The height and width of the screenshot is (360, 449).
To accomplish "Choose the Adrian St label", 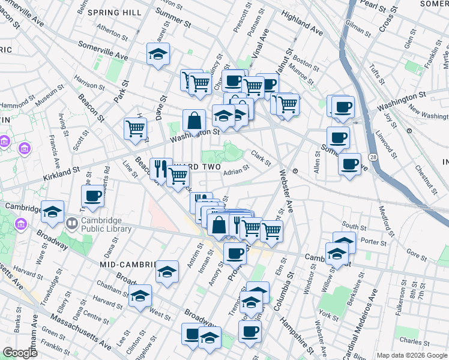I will [236, 171].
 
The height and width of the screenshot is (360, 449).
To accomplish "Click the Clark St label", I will [261, 158].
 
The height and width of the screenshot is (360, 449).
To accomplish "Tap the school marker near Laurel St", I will [158, 54].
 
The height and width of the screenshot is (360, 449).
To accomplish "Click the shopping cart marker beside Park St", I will [136, 127].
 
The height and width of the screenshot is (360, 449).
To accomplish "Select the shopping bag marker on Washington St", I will [195, 120].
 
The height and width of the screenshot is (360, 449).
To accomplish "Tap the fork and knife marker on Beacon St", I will [160, 168].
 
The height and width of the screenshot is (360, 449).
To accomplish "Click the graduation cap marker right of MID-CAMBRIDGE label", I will [167, 271].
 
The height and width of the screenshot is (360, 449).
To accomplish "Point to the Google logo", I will [19, 353].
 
